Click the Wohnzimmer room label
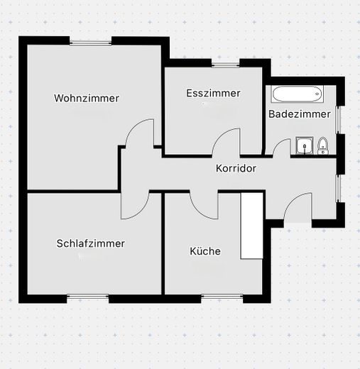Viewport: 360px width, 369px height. pos(87,98)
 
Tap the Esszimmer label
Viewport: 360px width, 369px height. pos(213,93)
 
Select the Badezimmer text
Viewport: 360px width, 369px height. pos(300,114)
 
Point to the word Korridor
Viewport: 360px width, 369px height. pos(236,168)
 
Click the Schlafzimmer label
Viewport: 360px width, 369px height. pos(91,243)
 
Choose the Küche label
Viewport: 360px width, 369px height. pos(205,251)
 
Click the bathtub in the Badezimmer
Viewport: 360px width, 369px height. pos(298,94)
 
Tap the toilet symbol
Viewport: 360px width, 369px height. pos(323,146)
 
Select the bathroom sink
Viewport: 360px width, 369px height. pos(305,145)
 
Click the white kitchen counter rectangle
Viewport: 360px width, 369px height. pos(252,226)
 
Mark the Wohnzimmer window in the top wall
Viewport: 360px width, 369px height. pos(90,43)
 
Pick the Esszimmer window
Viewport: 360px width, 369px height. pos(226,65)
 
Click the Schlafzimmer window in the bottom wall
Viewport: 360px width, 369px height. pos(88,297)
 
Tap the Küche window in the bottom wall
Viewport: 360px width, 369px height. pos(222,297)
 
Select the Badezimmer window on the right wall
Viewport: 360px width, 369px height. pos(338,120)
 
